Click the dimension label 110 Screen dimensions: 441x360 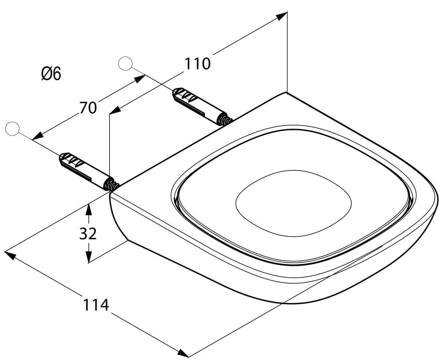[197, 64]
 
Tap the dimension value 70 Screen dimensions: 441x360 [88, 108]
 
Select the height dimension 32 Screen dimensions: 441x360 [88, 234]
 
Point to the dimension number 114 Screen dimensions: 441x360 [96, 305]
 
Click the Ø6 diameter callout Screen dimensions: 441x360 [51, 74]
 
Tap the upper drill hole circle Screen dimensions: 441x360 [125, 64]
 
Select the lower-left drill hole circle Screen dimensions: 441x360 [12, 129]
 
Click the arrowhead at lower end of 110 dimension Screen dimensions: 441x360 [115, 110]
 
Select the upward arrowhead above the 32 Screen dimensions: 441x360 [88, 209]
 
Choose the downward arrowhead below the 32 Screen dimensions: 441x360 [88, 257]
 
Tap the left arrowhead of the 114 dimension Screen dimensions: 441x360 [10, 255]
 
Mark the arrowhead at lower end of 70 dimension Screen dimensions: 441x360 [38, 136]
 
